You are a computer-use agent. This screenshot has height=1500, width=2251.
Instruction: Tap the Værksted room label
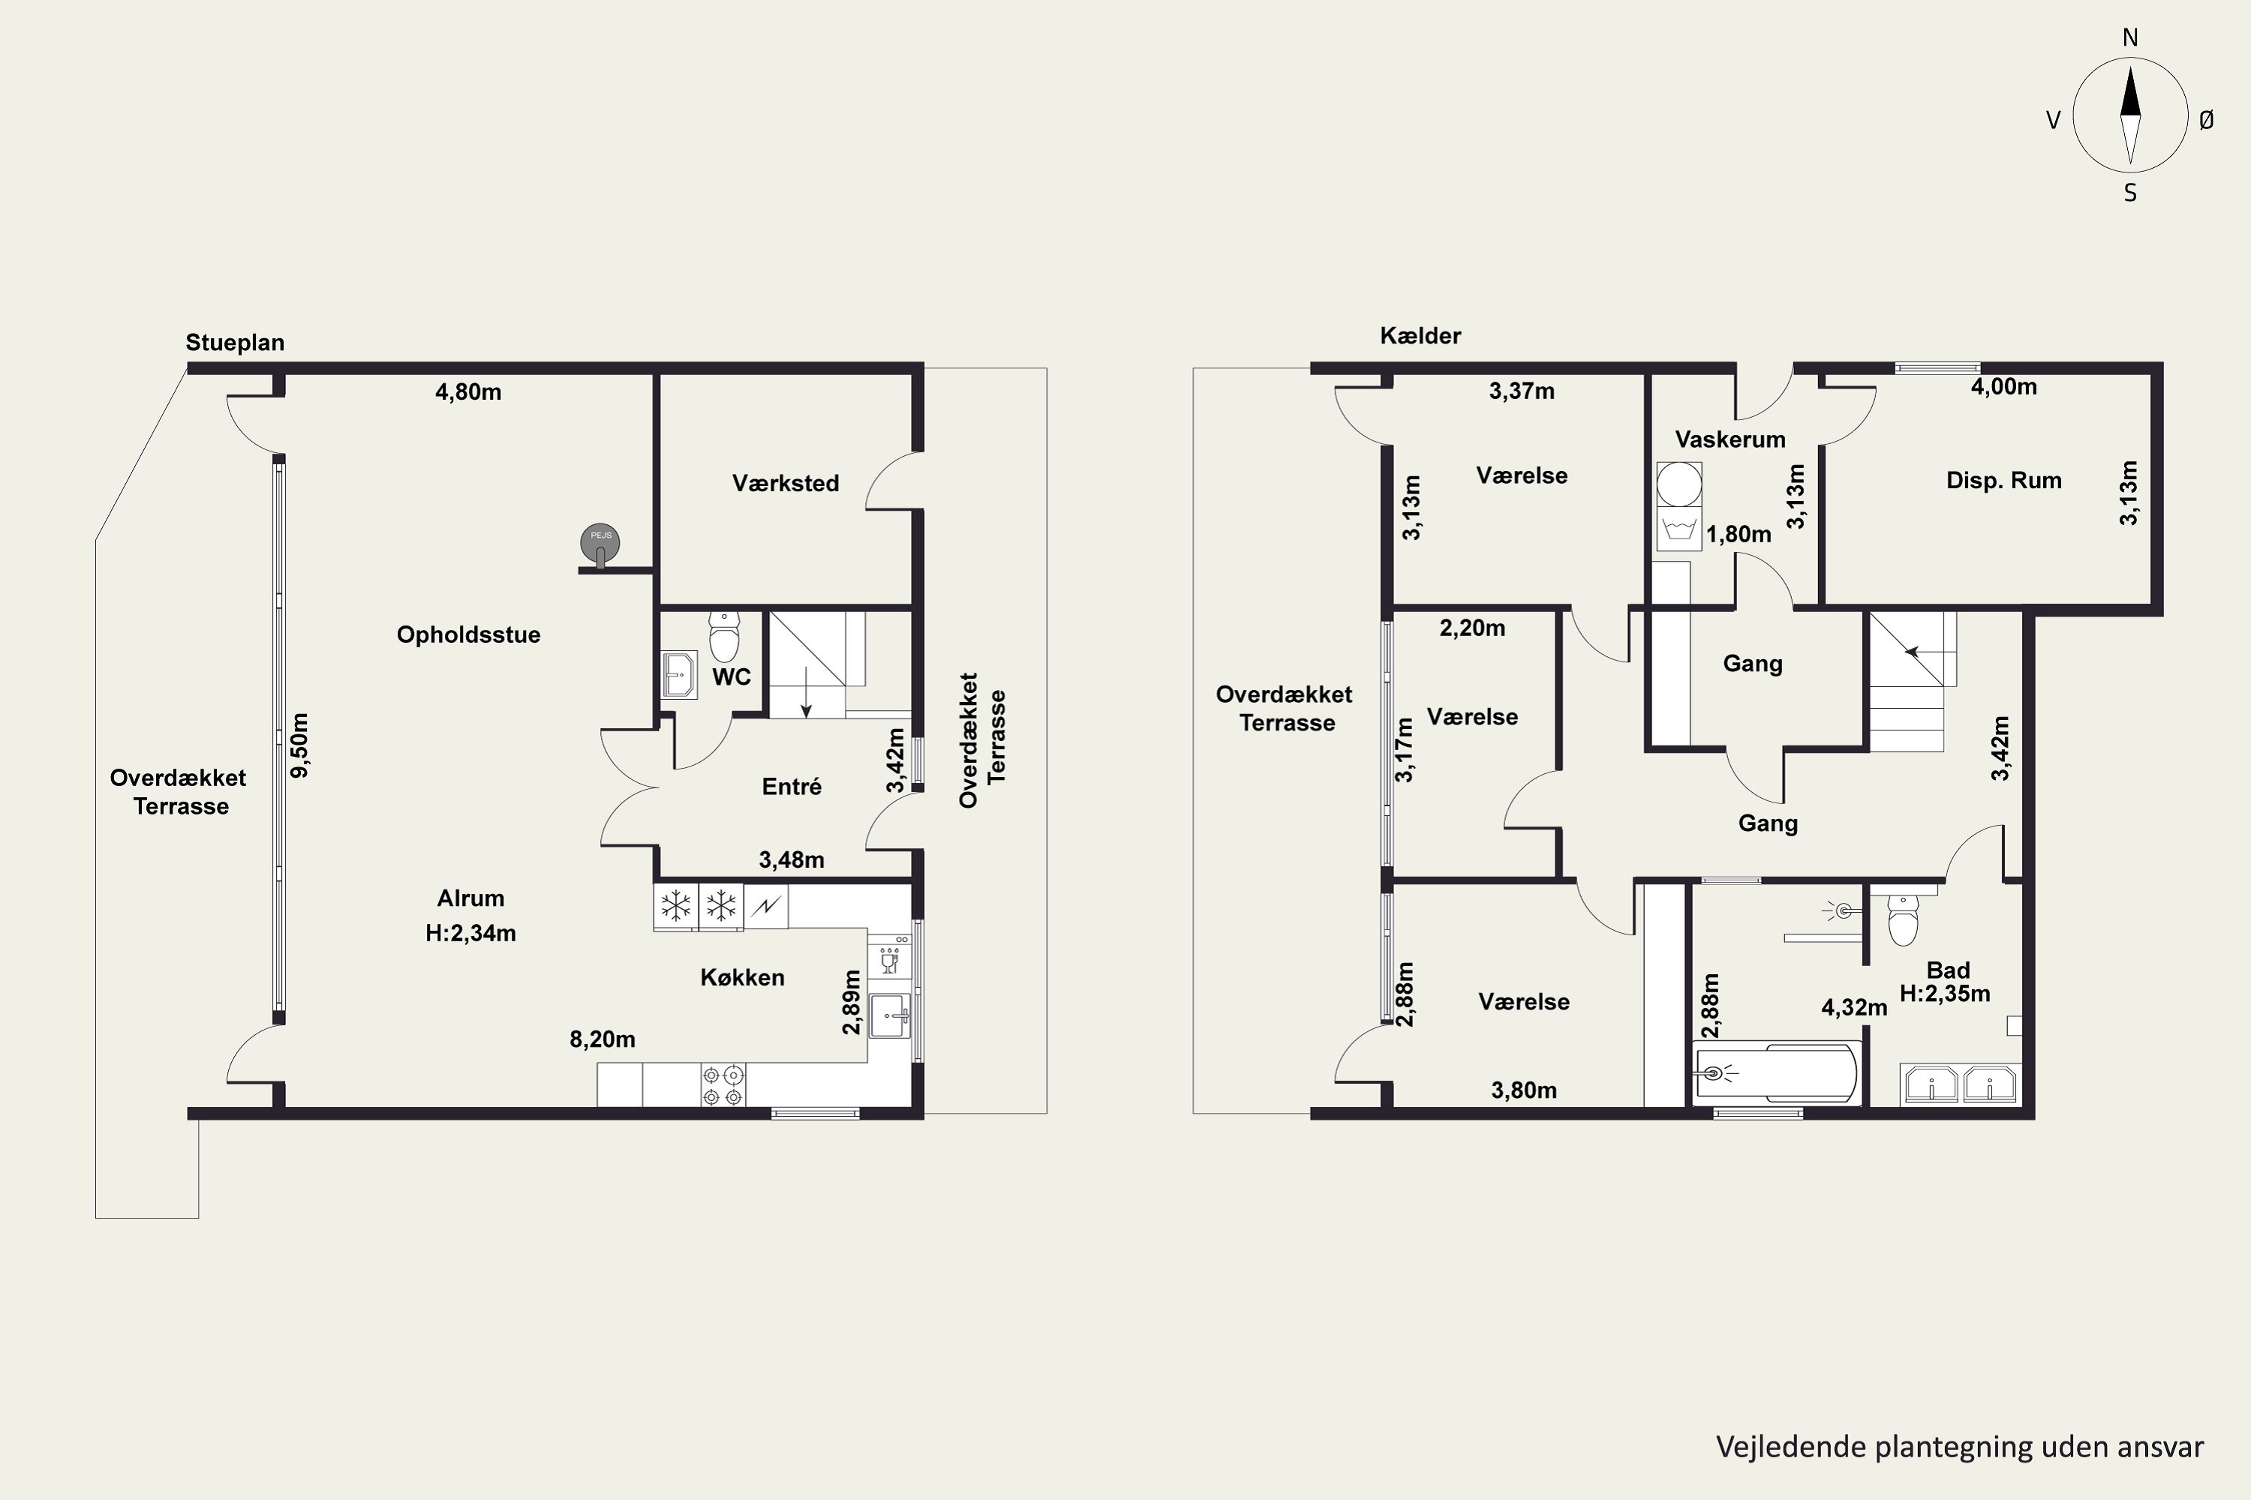(x=786, y=483)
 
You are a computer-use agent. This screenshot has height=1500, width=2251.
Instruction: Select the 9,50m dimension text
(x=299, y=745)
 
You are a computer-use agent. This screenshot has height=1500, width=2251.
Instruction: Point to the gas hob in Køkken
(x=723, y=1084)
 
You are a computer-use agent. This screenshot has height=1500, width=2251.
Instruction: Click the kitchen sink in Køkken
(x=890, y=1015)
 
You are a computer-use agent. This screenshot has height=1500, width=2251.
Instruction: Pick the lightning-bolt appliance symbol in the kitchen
(x=765, y=906)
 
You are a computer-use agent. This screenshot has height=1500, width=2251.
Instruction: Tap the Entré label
(x=792, y=786)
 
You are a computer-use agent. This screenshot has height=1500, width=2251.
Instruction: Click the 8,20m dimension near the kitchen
(x=602, y=1039)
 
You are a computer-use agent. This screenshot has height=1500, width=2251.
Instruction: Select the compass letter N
(x=2130, y=37)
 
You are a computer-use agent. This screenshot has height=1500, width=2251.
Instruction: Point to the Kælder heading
(x=1420, y=336)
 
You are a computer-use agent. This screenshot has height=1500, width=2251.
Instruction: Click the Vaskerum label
(x=1730, y=439)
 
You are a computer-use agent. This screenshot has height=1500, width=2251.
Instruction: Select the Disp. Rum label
(x=2004, y=480)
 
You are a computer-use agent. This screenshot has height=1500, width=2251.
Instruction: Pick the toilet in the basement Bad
(x=1903, y=919)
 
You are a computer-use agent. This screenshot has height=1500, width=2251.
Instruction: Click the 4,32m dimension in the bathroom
(x=1854, y=1007)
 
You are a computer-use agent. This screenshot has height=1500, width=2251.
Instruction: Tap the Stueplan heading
(x=234, y=343)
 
